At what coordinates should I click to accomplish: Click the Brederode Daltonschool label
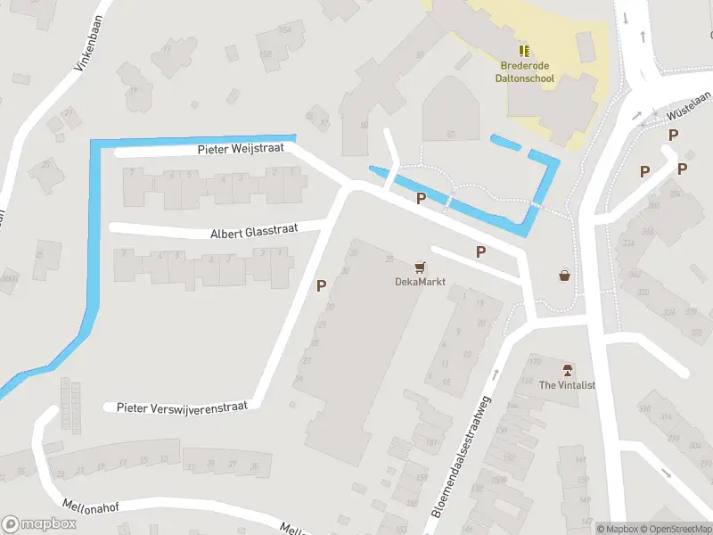click(524, 72)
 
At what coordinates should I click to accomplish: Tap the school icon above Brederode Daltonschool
click(524, 50)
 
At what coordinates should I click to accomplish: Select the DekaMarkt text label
click(420, 282)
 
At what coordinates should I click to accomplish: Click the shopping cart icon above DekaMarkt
click(420, 267)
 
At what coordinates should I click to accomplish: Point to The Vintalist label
click(567, 384)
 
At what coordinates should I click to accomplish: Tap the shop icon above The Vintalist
click(567, 369)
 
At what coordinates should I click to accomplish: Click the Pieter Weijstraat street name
click(241, 149)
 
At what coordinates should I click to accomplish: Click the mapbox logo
click(39, 523)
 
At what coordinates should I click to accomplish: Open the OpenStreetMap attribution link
click(675, 529)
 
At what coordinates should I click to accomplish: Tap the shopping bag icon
click(564, 276)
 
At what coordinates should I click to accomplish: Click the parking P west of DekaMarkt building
click(321, 286)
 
